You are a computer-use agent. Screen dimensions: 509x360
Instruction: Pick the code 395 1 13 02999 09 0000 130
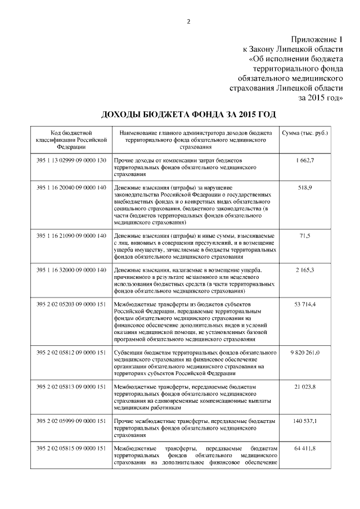tap(71, 161)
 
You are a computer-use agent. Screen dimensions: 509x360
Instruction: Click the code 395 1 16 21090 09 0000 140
tap(71, 235)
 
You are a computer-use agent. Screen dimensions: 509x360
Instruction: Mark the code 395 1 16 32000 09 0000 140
tap(71, 271)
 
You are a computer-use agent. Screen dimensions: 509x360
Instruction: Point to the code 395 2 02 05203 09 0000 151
tap(71, 304)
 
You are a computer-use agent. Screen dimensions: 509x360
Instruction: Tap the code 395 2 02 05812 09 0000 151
tap(71, 353)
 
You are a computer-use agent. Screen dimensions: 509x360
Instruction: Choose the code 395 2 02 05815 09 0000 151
tap(71, 448)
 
